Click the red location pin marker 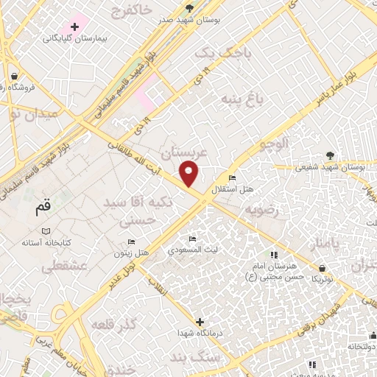click(190, 175)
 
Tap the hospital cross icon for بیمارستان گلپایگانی click(74, 26)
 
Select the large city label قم click(43, 209)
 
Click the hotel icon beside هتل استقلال click(232, 178)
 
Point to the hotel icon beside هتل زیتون click(132, 242)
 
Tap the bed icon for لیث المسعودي click(193, 239)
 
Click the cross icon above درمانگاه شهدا click(200, 322)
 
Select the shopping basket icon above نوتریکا click(323, 268)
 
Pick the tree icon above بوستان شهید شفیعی click(330, 155)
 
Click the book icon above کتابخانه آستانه click(46, 231)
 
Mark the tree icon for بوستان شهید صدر click(190, 7)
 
